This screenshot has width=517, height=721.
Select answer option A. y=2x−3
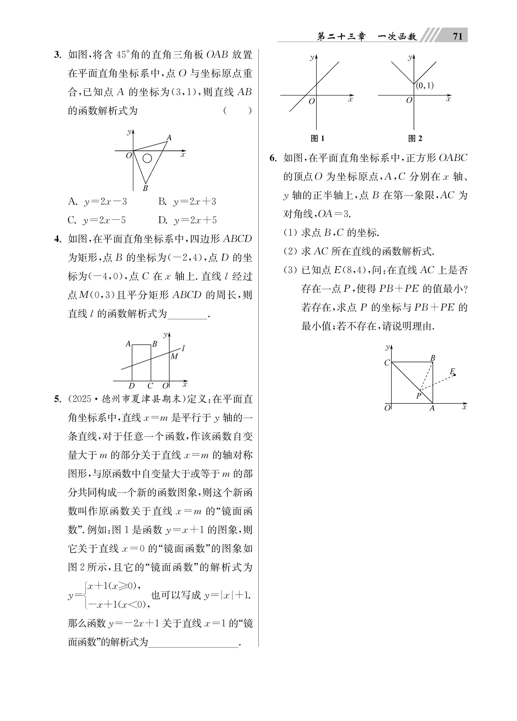[x=97, y=202]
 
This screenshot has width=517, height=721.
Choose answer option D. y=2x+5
[x=187, y=220]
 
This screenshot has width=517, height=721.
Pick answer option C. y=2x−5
[x=97, y=220]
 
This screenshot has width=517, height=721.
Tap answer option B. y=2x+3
[x=187, y=202]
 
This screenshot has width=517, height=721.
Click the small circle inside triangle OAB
[x=147, y=158]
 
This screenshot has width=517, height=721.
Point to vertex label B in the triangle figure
[x=145, y=188]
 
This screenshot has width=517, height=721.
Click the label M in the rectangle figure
[x=174, y=356]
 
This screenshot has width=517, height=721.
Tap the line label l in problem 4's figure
[x=184, y=348]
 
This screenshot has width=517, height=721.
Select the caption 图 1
[x=317, y=138]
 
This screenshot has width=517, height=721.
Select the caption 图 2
[x=415, y=138]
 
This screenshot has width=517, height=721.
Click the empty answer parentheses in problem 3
[x=237, y=111]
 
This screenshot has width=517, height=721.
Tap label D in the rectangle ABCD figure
[x=132, y=386]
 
